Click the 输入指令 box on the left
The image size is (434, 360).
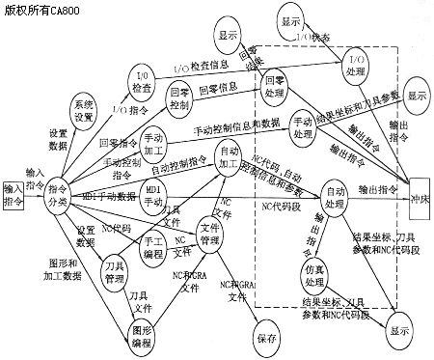point(13,190)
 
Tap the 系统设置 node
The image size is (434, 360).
point(85,113)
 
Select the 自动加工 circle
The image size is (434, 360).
point(230,160)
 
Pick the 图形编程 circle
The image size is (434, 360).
point(143,337)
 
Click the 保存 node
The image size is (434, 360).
point(267,340)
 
